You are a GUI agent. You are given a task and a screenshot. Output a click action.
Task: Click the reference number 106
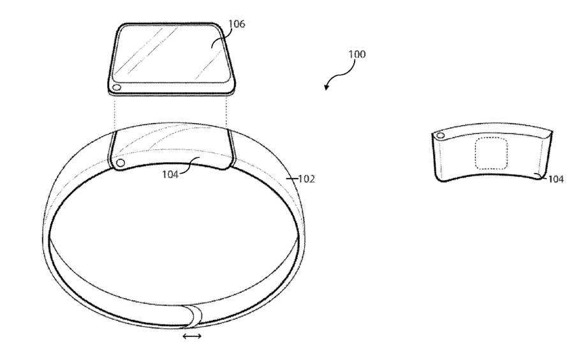coord(237,24)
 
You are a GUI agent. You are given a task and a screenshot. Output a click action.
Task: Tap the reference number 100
coord(357,54)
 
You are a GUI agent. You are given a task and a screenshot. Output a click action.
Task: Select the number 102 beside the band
coord(306,179)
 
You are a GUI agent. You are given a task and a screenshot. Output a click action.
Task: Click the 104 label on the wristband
coord(170,174)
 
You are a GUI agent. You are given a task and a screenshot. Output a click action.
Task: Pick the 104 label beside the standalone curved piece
coord(555,179)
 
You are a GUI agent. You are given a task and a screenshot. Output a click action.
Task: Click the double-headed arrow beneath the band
coord(193,336)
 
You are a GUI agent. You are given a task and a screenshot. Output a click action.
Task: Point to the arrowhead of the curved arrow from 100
coord(326,87)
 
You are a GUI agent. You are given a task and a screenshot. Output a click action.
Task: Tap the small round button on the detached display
coord(117,88)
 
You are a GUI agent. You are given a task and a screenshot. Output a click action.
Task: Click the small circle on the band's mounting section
coord(121,163)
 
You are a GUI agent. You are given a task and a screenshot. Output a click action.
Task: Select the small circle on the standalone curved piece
coord(441,136)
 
